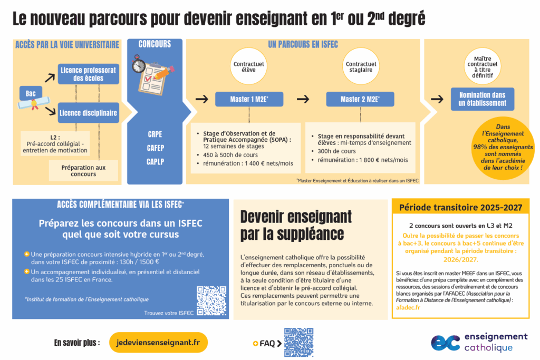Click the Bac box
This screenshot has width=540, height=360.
[x=31, y=93]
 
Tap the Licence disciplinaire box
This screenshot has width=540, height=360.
[x=88, y=112]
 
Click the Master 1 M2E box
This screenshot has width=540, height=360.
[x=249, y=99]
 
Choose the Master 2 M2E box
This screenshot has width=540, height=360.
[x=360, y=99]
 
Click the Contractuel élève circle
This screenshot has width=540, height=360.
[x=248, y=67]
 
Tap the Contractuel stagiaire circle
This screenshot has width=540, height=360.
[x=361, y=67]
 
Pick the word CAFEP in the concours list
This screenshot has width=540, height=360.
[x=155, y=148]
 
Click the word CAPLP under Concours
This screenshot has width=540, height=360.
[x=155, y=162]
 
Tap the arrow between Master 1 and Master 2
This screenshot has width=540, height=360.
[x=303, y=99]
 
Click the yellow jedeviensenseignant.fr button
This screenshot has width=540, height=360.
[x=158, y=343]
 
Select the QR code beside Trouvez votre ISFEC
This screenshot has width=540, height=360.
[x=211, y=300]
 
